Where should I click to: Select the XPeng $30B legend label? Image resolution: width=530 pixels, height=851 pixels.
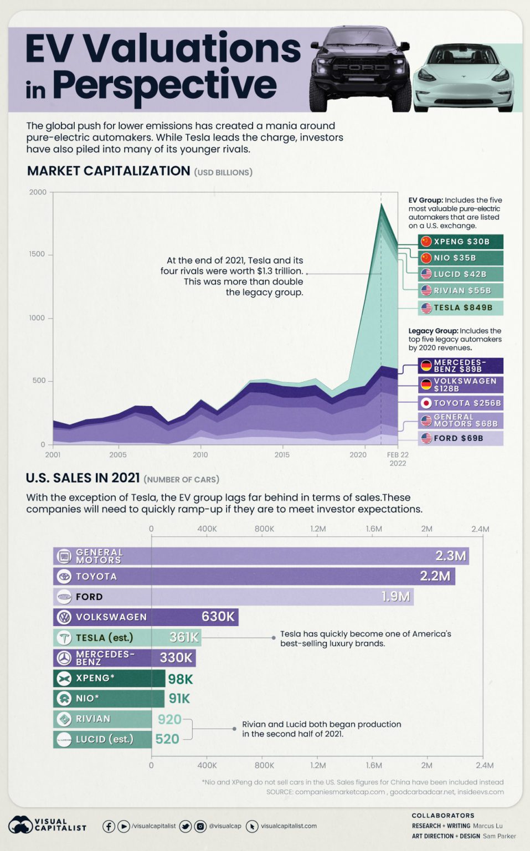click(x=461, y=242)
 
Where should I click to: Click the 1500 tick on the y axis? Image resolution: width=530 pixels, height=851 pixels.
click(x=38, y=254)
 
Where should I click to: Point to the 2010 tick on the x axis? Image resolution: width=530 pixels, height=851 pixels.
click(x=200, y=455)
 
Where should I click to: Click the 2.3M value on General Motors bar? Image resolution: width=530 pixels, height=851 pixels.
click(x=450, y=556)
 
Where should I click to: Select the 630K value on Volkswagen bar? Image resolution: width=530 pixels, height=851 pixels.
click(x=218, y=617)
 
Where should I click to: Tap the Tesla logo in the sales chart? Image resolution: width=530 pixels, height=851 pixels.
click(x=65, y=638)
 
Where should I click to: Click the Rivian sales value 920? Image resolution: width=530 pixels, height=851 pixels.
click(x=169, y=719)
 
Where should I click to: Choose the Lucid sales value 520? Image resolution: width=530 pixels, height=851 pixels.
click(x=167, y=739)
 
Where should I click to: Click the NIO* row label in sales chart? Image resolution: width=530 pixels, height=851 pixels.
click(x=87, y=699)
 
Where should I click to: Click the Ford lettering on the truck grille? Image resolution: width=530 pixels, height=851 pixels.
click(x=361, y=67)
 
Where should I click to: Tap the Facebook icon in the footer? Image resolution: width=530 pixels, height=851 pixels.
click(x=109, y=826)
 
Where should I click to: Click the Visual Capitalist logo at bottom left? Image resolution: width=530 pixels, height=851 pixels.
click(x=47, y=824)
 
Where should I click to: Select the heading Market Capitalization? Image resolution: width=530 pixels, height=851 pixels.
click(x=109, y=171)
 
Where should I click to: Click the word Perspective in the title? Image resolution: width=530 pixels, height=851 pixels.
click(x=164, y=85)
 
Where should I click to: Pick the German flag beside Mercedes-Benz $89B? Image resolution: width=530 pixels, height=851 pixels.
click(x=426, y=366)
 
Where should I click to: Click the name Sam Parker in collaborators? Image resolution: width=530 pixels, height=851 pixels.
click(x=499, y=836)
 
